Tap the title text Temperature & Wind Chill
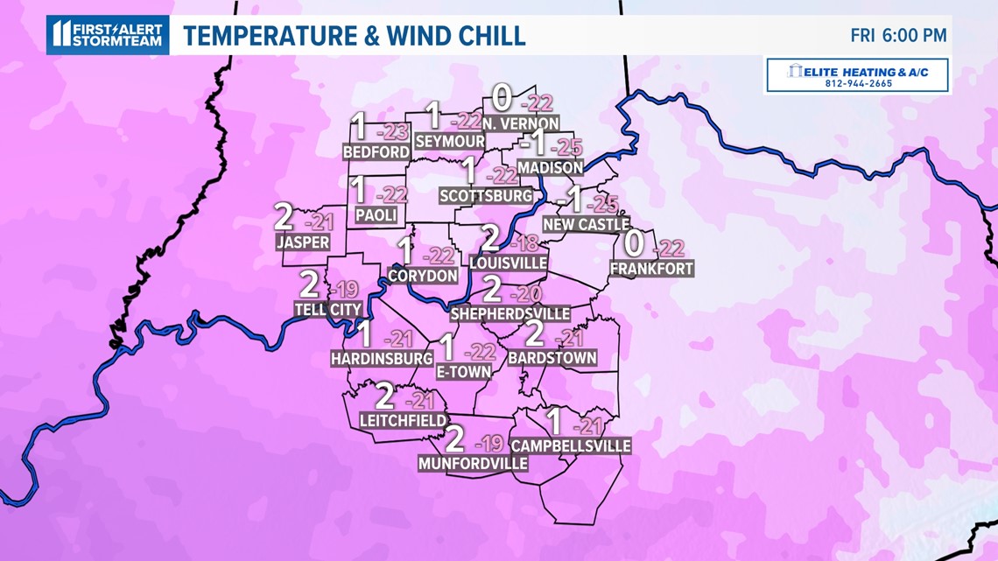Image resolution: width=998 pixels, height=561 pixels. (x=354, y=35)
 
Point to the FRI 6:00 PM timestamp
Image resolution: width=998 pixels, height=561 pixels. (x=899, y=36)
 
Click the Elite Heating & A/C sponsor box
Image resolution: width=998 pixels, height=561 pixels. (x=857, y=75)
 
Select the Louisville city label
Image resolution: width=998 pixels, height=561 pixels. (x=508, y=263)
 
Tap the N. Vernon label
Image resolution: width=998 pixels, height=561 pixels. (x=519, y=124)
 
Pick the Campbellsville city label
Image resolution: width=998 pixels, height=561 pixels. (x=570, y=445)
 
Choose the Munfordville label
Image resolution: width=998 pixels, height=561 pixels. (x=474, y=463)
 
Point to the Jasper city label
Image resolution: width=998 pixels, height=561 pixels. (x=302, y=242)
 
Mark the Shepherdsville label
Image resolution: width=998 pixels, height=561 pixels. (x=510, y=313)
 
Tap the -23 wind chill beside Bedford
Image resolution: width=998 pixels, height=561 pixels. (x=393, y=133)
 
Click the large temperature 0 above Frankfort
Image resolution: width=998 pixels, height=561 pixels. (x=634, y=243)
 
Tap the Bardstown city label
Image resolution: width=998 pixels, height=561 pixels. (x=552, y=357)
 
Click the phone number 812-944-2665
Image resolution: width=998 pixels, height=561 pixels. (x=857, y=85)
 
